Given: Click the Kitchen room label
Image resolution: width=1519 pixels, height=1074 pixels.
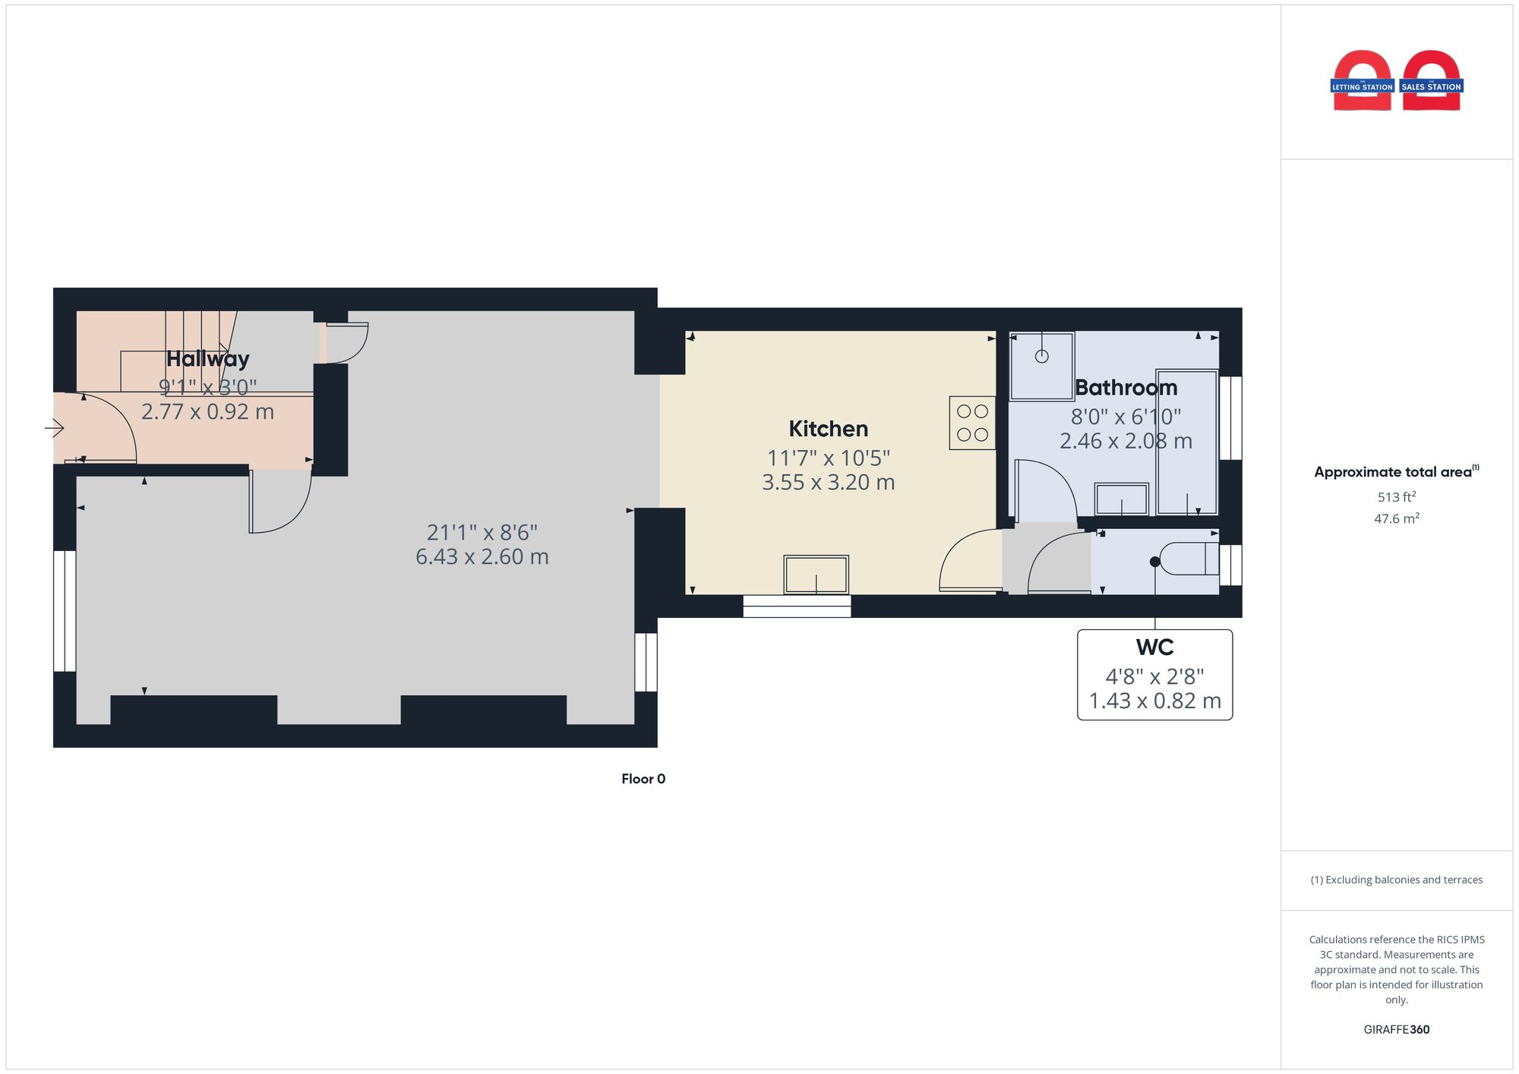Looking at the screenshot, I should point(828,429).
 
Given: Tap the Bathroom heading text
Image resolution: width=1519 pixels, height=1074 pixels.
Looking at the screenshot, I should point(1126,388).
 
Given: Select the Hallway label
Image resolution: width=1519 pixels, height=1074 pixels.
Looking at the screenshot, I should point(207,359).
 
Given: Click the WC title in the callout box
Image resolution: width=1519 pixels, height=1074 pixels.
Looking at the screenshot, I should point(1154,647).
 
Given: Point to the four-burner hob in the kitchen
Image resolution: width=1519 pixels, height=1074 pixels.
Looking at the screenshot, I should point(972,423).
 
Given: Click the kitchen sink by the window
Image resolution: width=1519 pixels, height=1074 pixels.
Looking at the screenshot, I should point(816,575).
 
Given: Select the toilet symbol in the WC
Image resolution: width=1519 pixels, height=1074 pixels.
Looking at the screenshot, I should point(1189,559).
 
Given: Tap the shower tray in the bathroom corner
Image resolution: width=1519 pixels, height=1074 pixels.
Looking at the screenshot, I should point(1041,366).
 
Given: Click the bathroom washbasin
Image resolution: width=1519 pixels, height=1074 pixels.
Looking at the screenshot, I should point(1122,499).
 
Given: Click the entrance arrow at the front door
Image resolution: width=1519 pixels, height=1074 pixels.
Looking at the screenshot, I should point(55,429).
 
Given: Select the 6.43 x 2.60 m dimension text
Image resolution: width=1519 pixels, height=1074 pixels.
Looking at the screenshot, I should point(482,557).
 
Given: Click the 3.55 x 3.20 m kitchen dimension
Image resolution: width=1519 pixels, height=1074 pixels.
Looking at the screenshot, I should point(828,483).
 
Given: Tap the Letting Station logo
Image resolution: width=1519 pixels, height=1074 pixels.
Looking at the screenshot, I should point(1362,82).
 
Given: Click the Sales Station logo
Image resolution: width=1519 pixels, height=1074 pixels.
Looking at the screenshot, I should point(1432,82).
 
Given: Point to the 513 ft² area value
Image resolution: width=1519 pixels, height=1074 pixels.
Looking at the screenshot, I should point(1396,497).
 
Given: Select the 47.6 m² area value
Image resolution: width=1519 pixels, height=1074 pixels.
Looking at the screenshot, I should point(1396,519).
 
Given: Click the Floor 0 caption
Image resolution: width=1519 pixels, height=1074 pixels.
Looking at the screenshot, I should point(643,779).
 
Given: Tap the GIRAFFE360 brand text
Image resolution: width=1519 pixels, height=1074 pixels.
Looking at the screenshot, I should point(1396,1029).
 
